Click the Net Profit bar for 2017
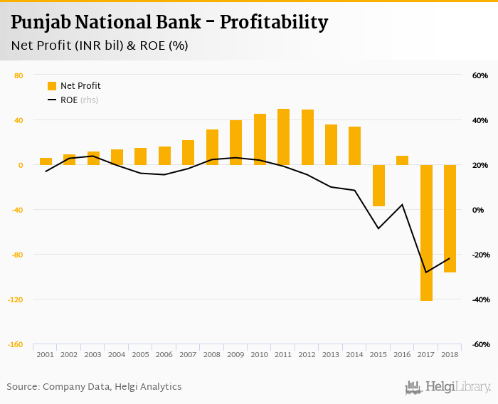point(426,233)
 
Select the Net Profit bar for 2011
point(283,137)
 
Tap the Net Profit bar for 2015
point(378,186)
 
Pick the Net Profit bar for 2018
point(450,218)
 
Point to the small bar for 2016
point(402,160)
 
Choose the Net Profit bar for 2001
point(46,161)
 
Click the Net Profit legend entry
point(74,86)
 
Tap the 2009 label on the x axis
point(235,353)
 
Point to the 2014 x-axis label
point(354,353)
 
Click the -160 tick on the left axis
point(15,344)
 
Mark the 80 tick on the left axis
point(18,75)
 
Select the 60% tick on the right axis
point(480,75)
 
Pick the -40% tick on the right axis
point(479,299)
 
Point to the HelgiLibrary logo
point(448,387)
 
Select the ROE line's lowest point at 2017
point(426,272)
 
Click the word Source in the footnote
point(23,387)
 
